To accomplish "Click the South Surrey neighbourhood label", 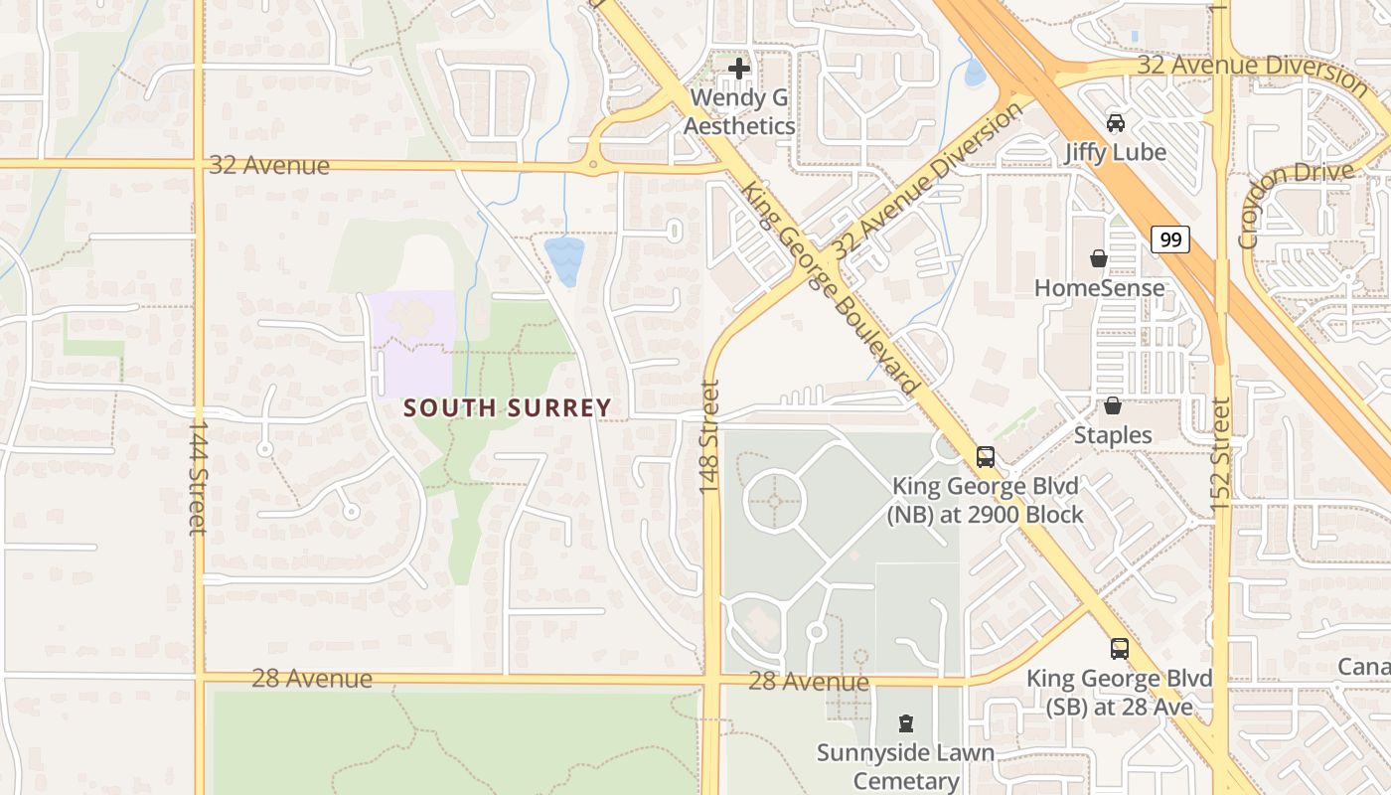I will tap(507, 407).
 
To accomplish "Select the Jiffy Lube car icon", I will tap(1116, 123).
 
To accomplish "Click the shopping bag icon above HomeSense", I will tap(1098, 258).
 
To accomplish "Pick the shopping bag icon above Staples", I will tap(1113, 405).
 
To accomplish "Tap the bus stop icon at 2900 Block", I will tap(985, 456).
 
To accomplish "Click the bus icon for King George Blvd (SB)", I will tap(1120, 648).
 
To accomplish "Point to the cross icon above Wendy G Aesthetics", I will tap(739, 69).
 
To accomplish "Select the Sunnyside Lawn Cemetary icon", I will tap(905, 722).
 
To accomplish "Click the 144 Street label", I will tap(197, 477).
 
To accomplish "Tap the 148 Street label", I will tap(709, 438).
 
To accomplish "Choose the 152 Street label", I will tap(1221, 455).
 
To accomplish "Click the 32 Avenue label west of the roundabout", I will tap(268, 165).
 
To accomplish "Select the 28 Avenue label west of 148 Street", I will tap(312, 679).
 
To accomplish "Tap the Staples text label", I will tap(1113, 435).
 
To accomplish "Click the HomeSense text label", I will tap(1100, 288).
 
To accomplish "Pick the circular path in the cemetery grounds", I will tap(774, 500).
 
